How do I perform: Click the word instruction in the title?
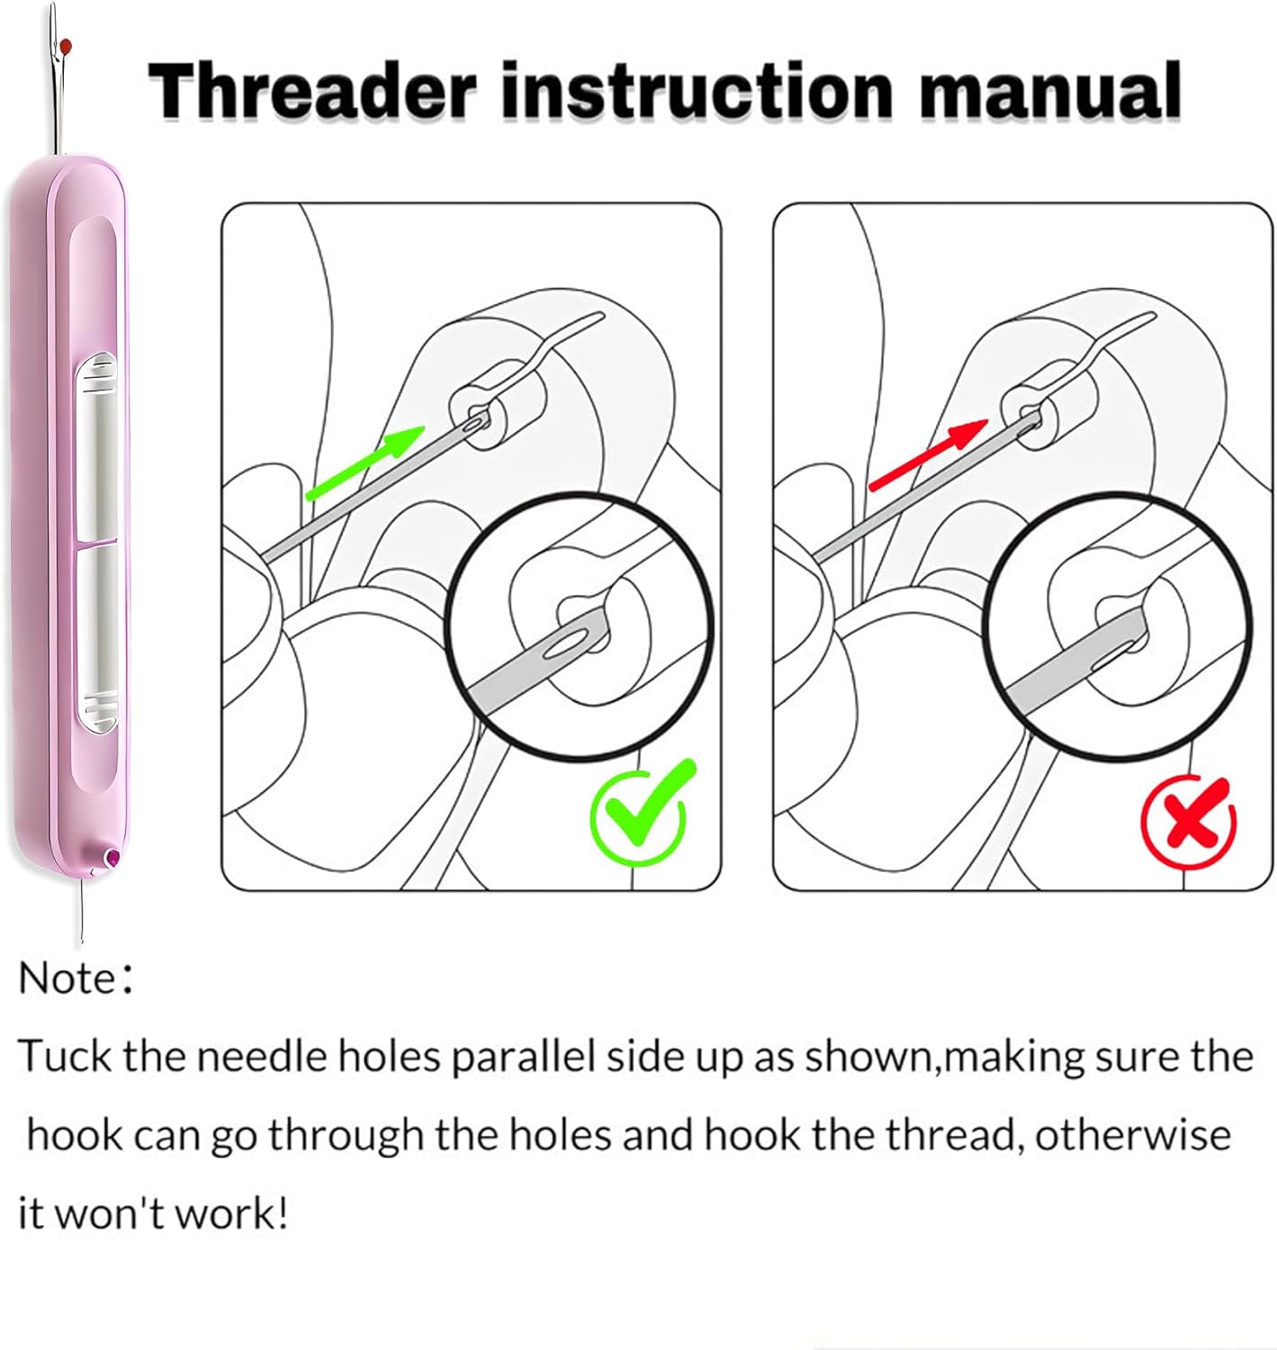pos(697,91)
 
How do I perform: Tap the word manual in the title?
pos(1049,91)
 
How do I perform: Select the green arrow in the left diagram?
pos(365,463)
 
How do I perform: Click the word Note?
pos(67,978)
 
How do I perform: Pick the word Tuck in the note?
pos(65,1056)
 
